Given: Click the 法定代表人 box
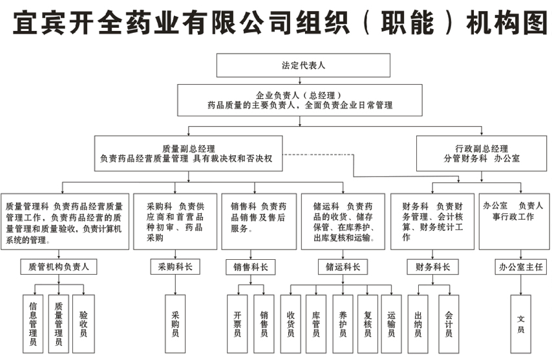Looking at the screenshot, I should [x=303, y=65].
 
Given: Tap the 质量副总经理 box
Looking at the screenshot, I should [x=188, y=153].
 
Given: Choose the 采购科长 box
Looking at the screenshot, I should [x=175, y=266].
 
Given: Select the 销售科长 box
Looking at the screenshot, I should [x=250, y=266].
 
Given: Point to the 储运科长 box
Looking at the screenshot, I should [x=343, y=266].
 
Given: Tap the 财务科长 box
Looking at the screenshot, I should [x=432, y=266].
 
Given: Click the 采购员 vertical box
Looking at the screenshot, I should [x=175, y=323].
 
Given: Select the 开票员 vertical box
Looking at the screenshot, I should [x=237, y=323].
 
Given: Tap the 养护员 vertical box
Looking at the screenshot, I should [x=343, y=323].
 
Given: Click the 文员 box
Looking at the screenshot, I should [x=521, y=323].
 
